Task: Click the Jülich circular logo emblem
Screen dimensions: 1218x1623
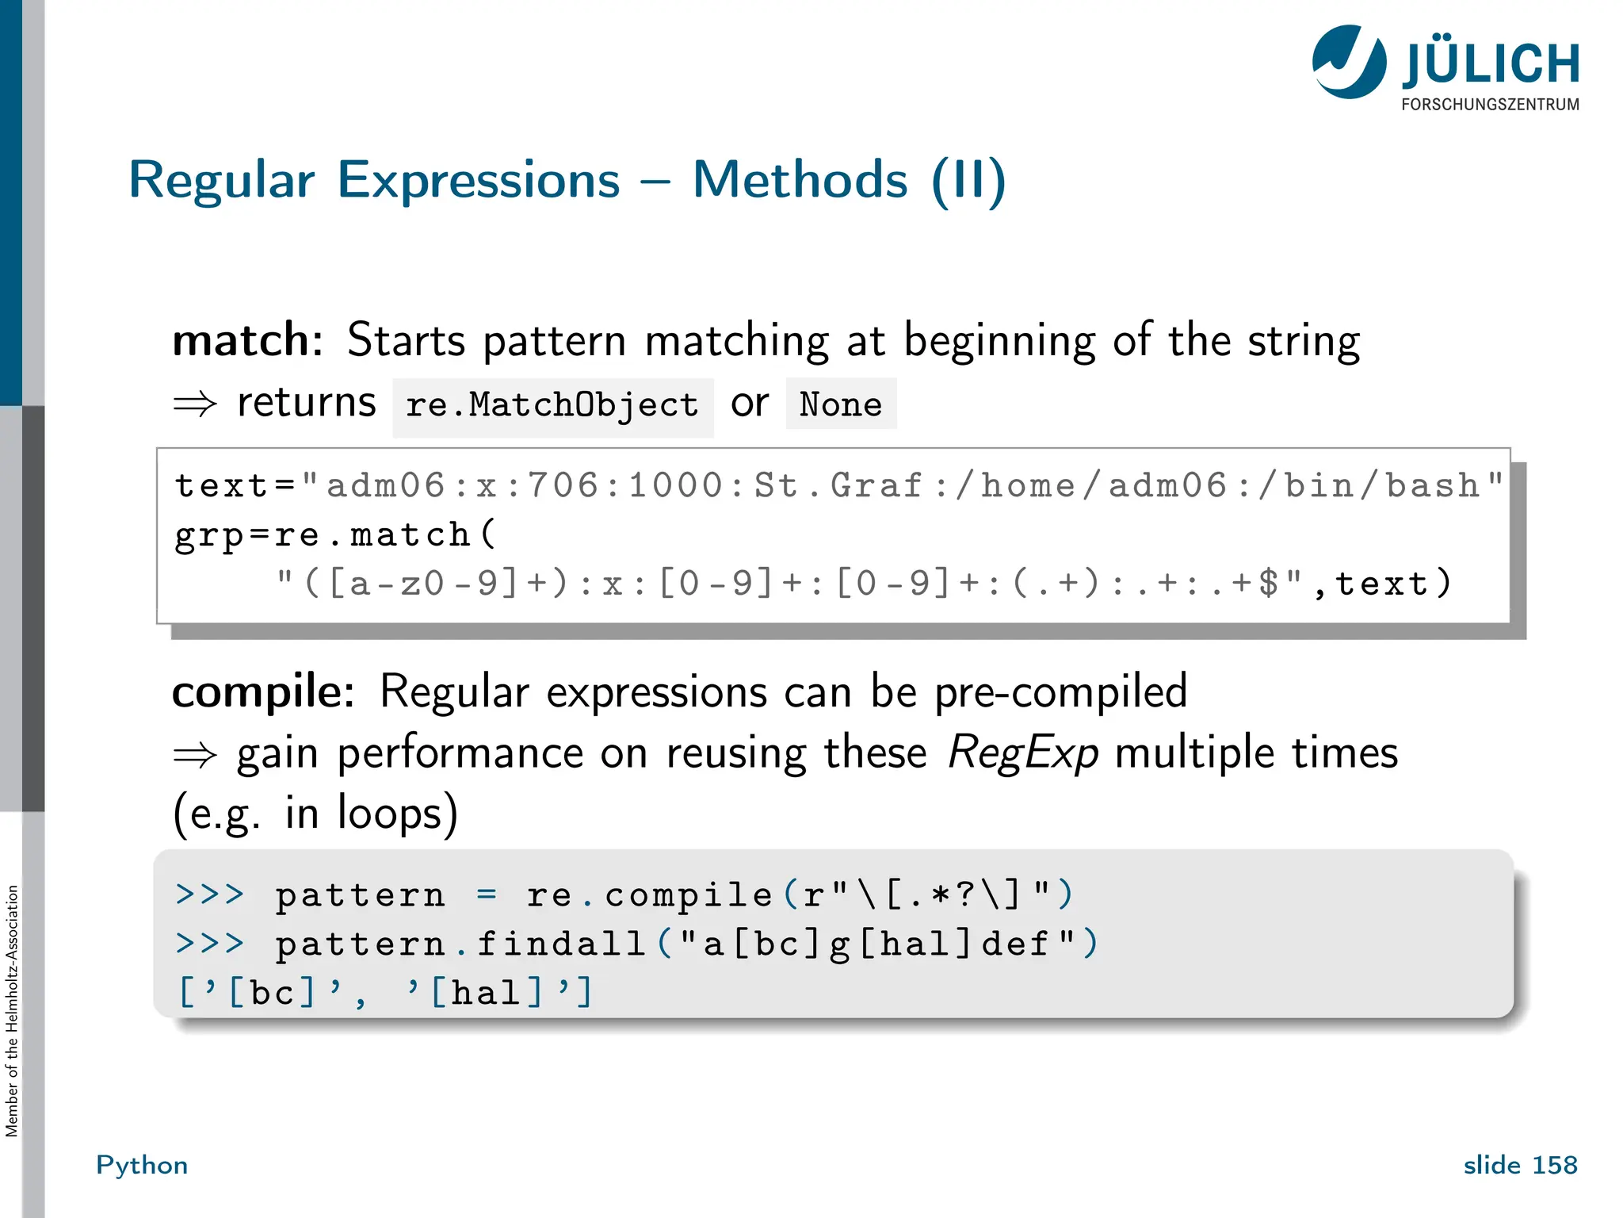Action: (1349, 62)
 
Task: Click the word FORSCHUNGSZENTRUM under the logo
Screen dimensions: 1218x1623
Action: (1490, 105)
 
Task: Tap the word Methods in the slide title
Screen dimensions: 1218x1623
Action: (800, 180)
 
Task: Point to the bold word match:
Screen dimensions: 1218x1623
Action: (247, 340)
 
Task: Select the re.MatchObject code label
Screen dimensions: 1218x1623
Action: (552, 405)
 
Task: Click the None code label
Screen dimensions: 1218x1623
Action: (841, 404)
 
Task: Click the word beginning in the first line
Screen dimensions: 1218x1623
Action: (999, 341)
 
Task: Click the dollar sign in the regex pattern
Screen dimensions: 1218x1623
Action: (1269, 584)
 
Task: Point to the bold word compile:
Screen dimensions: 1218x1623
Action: (263, 691)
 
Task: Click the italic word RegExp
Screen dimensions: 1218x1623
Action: (1022, 753)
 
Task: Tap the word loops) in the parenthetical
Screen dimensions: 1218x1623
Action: (398, 814)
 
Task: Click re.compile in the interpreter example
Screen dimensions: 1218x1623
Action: (650, 895)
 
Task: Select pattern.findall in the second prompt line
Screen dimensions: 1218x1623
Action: (460, 944)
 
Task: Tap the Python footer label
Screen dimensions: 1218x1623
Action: (142, 1165)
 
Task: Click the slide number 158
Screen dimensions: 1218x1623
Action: (1554, 1165)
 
